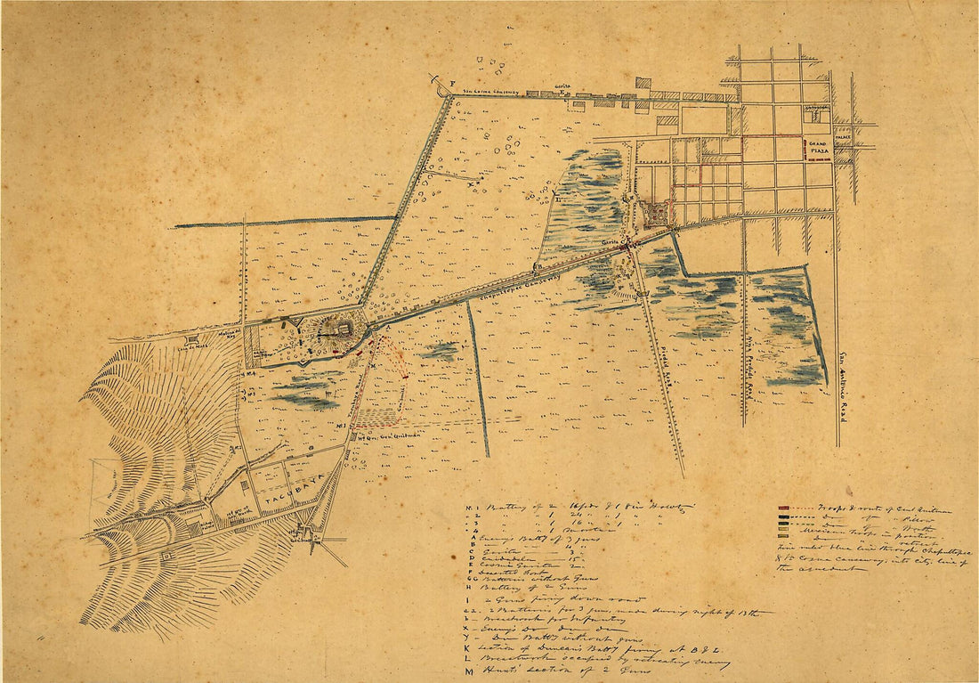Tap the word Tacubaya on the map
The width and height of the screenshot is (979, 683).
point(284,505)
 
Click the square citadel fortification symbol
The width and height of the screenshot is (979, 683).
point(655,215)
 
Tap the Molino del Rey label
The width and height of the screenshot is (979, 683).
point(231,332)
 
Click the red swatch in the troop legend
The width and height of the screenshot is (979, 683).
point(783,509)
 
